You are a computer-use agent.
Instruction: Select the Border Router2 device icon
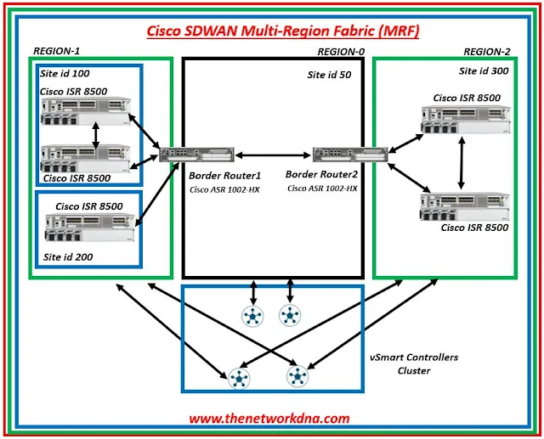[x=338, y=154]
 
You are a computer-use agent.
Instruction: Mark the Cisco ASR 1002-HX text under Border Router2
[x=322, y=188]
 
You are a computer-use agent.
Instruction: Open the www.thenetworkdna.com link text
[x=269, y=418]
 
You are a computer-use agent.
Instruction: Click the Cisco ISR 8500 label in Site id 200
[x=89, y=205]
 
